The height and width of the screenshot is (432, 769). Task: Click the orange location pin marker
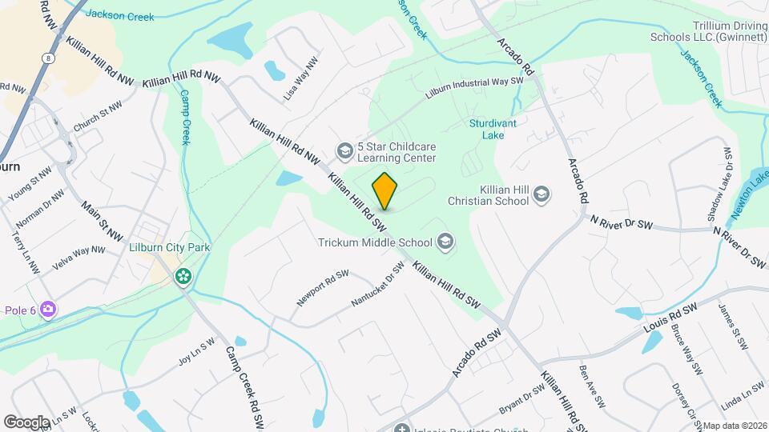coord(385,192)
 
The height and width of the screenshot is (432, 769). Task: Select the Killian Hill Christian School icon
coord(542,194)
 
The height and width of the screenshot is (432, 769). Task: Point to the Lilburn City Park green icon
coord(183,277)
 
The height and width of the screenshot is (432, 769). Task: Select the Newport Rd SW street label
coord(323,287)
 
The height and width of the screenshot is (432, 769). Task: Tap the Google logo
coord(26,422)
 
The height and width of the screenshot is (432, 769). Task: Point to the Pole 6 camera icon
coord(48,309)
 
